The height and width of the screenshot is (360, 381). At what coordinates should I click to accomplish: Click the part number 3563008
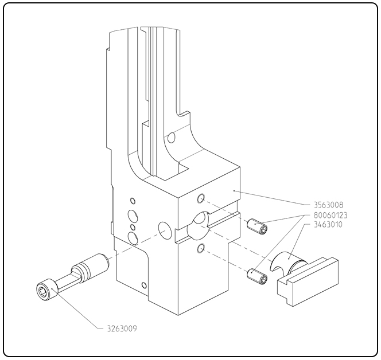pyautogui.click(x=329, y=205)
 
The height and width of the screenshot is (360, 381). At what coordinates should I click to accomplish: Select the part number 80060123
pyautogui.click(x=331, y=216)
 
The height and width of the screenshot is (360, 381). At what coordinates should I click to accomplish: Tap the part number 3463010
pyautogui.click(x=328, y=225)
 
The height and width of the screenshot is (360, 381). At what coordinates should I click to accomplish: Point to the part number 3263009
pyautogui.click(x=122, y=328)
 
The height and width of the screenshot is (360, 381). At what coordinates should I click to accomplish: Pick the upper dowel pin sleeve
pyautogui.click(x=257, y=226)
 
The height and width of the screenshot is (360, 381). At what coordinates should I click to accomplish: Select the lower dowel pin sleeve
pyautogui.click(x=257, y=276)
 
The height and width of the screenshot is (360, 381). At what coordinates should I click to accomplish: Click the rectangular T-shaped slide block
pyautogui.click(x=308, y=281)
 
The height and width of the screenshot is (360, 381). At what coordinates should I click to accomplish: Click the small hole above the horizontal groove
pyautogui.click(x=201, y=198)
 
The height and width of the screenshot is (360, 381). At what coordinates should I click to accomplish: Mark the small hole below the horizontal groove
pyautogui.click(x=201, y=249)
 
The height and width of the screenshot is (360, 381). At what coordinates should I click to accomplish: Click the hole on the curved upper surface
pyautogui.click(x=172, y=138)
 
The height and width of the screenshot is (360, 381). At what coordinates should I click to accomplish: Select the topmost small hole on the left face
pyautogui.click(x=133, y=201)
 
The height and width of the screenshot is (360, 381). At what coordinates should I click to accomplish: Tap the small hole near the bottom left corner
pyautogui.click(x=144, y=285)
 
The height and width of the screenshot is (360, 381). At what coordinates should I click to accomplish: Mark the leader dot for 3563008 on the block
pyautogui.click(x=234, y=191)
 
